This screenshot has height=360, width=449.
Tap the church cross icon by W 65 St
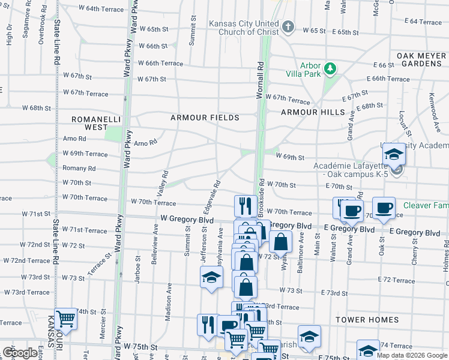point(289,27)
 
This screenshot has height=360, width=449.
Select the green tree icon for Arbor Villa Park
point(330,68)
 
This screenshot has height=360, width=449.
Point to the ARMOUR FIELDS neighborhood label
point(205,118)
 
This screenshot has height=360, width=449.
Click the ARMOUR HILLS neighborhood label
point(313,112)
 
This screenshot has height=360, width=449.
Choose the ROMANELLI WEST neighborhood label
point(89,123)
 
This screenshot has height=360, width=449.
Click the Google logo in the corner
point(19,353)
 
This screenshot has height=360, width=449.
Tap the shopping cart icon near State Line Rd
point(65,319)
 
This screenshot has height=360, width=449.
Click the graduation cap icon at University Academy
point(394,155)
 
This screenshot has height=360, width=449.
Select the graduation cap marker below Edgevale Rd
point(210,278)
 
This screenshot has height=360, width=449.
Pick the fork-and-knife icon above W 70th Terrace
point(246,206)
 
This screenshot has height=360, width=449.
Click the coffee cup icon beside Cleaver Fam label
point(384,208)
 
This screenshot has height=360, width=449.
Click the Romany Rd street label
point(79,169)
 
